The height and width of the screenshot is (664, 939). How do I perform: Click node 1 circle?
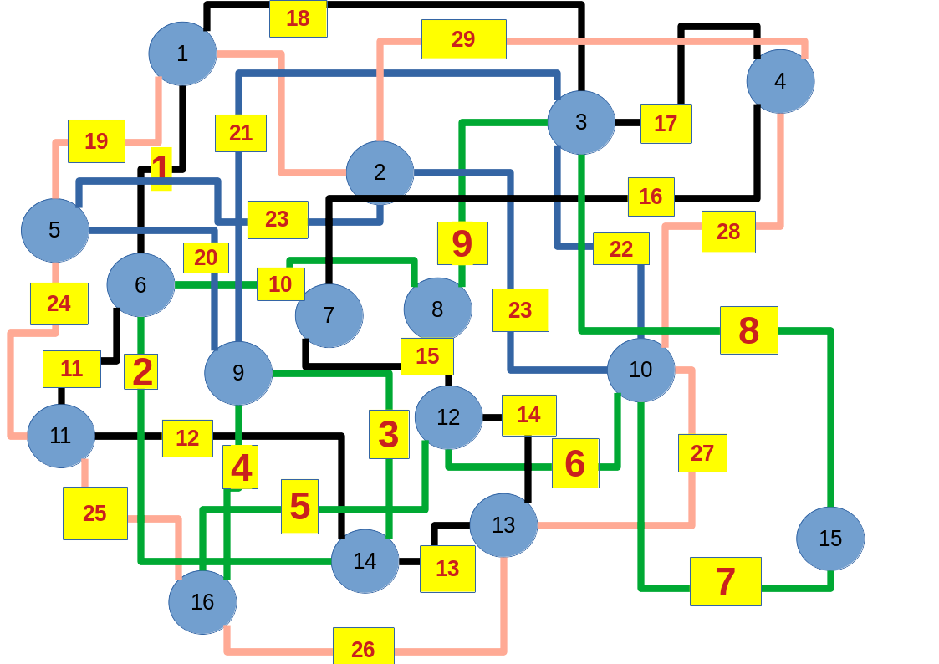point(182,54)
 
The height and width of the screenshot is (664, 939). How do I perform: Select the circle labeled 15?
point(829,539)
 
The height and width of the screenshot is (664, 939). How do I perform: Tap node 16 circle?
point(202,602)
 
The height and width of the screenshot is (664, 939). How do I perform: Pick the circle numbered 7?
point(329,315)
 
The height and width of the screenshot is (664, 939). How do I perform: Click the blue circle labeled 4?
point(780,81)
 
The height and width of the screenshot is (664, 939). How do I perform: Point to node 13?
point(503,525)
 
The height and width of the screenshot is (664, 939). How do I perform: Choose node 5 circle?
point(55,230)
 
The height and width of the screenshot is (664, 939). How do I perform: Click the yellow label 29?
point(463,39)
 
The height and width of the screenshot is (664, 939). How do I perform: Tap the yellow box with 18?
point(298,18)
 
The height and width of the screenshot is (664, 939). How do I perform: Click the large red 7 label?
point(725,581)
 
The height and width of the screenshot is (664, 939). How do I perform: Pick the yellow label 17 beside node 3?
point(666,124)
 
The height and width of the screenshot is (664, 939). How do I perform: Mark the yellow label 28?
point(727,232)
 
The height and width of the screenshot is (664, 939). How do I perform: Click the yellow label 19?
point(96,141)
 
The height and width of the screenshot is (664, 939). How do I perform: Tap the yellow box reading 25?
point(94,513)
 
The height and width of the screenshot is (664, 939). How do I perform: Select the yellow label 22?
point(620,248)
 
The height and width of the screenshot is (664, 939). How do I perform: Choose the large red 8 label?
point(748,330)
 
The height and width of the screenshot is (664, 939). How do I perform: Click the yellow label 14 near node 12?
point(528,416)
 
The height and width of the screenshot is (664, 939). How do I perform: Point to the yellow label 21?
point(240,133)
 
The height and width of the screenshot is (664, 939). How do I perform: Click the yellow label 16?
point(651,197)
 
